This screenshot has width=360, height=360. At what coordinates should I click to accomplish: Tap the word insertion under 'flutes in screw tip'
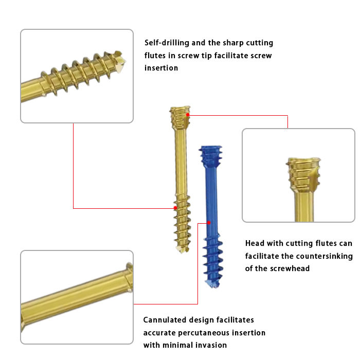(x=161, y=68)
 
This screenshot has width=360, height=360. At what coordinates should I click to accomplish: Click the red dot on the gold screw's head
(x=188, y=114)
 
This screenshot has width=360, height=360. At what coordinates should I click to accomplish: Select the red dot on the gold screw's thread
(x=175, y=208)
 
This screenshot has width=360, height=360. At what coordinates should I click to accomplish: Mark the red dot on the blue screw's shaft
(x=209, y=223)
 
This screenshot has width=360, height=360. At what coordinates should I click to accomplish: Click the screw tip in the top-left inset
(x=122, y=63)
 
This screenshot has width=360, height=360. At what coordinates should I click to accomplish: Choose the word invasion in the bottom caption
(x=211, y=345)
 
